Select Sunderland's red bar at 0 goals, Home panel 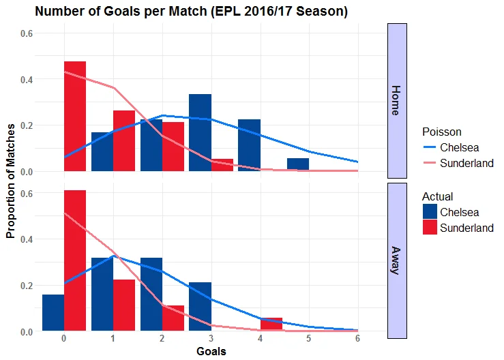point(75,116)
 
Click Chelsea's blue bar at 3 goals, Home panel point(200,132)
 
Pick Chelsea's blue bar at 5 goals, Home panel point(298,164)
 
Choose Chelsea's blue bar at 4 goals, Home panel point(249,145)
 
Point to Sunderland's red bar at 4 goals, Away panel point(271,324)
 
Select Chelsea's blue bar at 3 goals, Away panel point(200,307)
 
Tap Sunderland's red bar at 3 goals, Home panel point(222,165)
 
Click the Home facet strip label point(397,100)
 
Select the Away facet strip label point(397,260)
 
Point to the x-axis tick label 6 point(357,338)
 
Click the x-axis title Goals point(211,352)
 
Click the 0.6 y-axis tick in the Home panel point(30,33)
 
